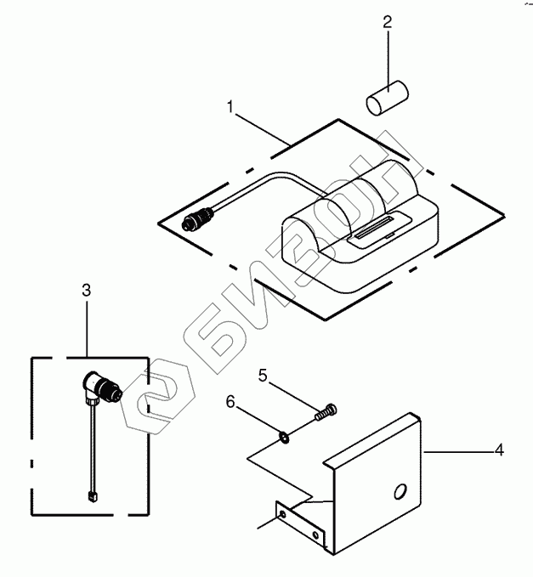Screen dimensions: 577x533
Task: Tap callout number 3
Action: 86,291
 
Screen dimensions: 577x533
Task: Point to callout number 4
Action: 499,450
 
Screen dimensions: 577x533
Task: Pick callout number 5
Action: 263,374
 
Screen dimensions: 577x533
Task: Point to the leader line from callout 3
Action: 87,327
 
